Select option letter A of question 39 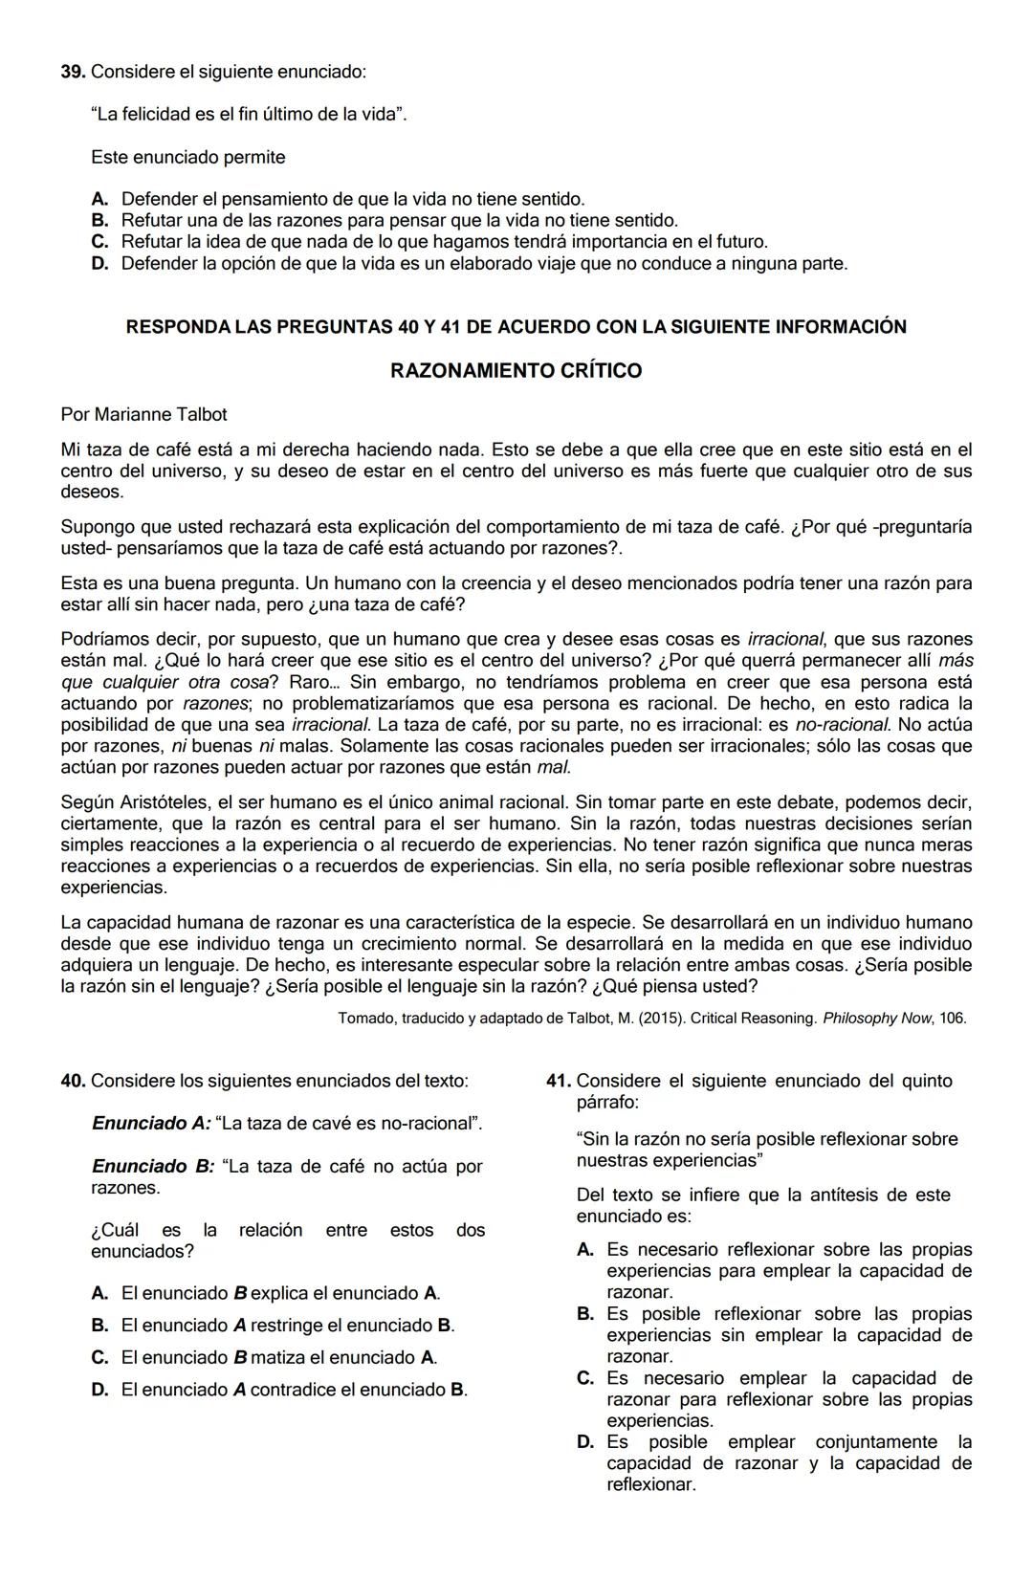[99, 199]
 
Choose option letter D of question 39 [99, 263]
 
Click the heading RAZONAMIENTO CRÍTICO [516, 371]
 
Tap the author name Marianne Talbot [161, 414]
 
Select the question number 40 [73, 1081]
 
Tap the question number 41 [559, 1081]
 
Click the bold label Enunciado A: [151, 1123]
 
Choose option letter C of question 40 [99, 1357]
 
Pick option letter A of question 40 [99, 1293]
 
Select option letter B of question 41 [585, 1314]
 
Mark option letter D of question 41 [585, 1442]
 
